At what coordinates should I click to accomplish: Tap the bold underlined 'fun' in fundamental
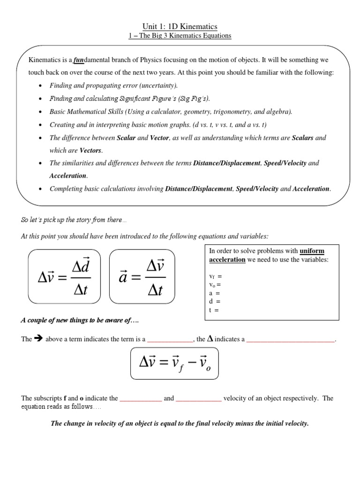click(78, 60)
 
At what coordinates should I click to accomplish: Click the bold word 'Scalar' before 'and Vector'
click(126, 138)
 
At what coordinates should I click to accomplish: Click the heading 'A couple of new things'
click(79, 321)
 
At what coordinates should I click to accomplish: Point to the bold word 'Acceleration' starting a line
click(68, 176)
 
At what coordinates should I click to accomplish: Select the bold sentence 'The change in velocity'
click(180, 423)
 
